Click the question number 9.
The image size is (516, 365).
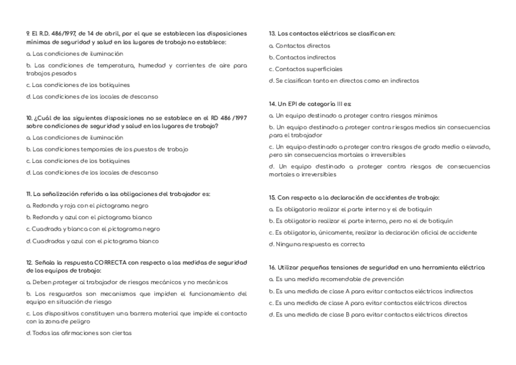click(x=28, y=33)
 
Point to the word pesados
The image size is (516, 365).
click(x=58, y=73)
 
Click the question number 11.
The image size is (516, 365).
click(x=29, y=195)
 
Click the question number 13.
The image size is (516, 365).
click(x=272, y=33)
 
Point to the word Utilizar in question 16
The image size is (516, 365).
click(x=290, y=267)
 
